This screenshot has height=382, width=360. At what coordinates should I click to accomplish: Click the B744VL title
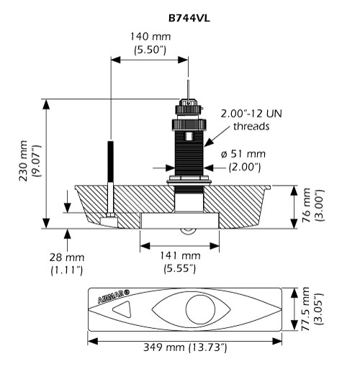(x=189, y=19)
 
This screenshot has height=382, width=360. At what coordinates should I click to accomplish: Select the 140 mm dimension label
(x=150, y=37)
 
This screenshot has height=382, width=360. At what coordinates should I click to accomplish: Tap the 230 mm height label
(x=24, y=161)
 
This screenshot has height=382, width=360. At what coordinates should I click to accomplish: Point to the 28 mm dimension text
(x=67, y=258)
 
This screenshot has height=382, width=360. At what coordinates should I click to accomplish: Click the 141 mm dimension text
(x=180, y=255)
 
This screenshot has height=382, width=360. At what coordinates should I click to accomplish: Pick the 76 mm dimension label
(x=306, y=205)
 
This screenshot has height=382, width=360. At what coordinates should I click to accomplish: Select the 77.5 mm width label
(x=306, y=309)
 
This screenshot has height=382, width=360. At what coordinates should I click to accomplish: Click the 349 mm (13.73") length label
(x=185, y=347)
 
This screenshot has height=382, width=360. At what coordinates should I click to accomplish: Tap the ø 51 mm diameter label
(x=243, y=154)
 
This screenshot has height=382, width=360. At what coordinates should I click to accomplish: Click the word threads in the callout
(x=251, y=126)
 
